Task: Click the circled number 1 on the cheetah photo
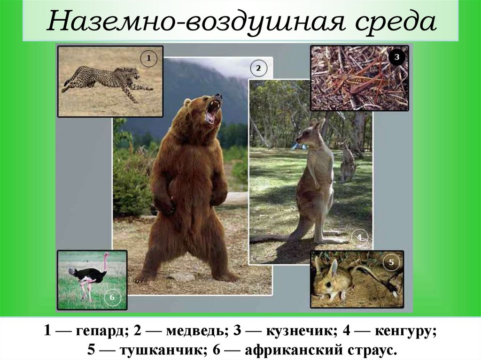pyautogui.click(x=148, y=59)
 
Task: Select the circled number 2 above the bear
pyautogui.click(x=258, y=69)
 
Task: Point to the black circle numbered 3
pyautogui.click(x=396, y=57)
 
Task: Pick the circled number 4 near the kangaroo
pyautogui.click(x=359, y=237)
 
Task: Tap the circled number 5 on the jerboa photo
pyautogui.click(x=392, y=261)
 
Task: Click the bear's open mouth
pyautogui.click(x=212, y=111)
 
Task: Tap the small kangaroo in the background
pyautogui.click(x=348, y=162)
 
